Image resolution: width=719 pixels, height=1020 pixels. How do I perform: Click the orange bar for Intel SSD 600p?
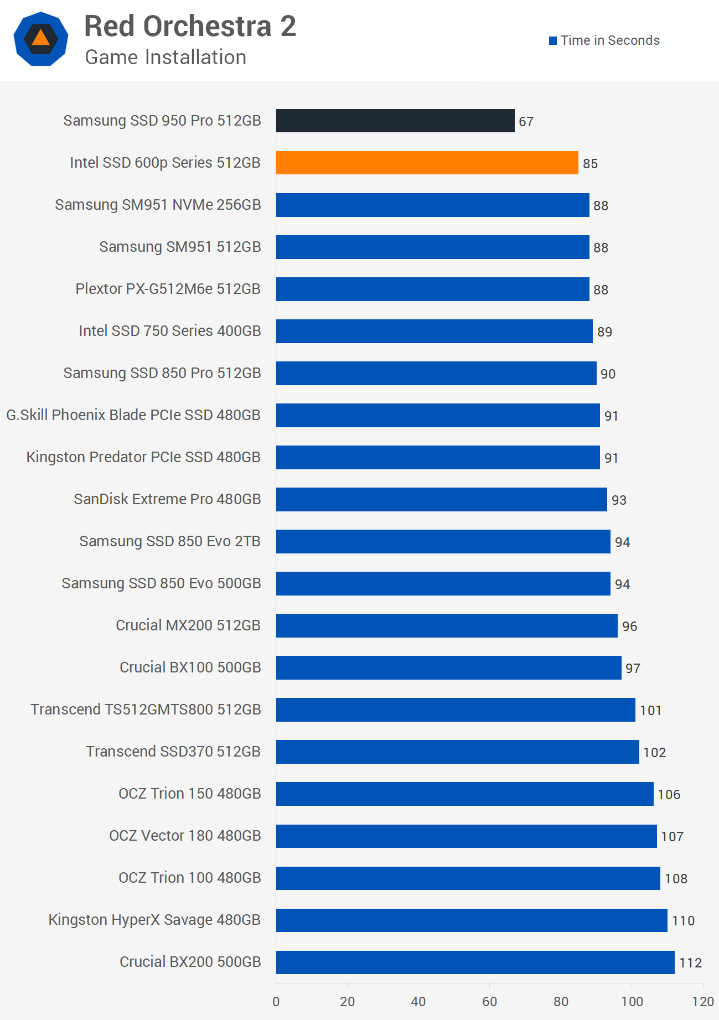click(427, 163)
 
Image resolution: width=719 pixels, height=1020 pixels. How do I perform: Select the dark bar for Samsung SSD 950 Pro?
click(395, 121)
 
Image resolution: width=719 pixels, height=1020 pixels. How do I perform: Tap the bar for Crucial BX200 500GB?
click(475, 962)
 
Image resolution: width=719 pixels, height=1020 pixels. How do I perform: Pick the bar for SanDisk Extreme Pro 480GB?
click(441, 499)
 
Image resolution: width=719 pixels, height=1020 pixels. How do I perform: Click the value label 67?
click(526, 122)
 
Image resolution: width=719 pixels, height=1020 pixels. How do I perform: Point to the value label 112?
click(690, 963)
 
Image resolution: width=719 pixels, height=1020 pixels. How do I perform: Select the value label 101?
click(650, 711)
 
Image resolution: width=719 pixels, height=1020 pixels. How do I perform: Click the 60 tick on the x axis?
click(489, 1001)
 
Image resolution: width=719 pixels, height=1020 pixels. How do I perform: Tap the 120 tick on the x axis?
click(703, 1001)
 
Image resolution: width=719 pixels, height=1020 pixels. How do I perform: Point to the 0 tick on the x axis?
click(276, 1001)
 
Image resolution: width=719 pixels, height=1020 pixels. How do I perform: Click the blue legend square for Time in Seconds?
click(552, 41)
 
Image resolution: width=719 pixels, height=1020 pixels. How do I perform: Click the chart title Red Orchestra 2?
click(190, 27)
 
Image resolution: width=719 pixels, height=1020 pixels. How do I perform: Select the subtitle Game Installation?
click(165, 58)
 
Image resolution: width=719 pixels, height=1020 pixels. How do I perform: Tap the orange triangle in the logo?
click(40, 38)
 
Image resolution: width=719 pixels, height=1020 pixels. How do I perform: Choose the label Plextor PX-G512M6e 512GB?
click(168, 289)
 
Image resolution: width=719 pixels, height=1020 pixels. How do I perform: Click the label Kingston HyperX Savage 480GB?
click(154, 920)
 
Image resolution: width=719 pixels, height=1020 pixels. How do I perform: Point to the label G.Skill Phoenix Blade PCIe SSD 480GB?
click(133, 415)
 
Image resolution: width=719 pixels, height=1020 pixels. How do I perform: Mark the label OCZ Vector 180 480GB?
click(185, 836)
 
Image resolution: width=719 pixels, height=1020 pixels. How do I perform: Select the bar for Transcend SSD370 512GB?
click(457, 752)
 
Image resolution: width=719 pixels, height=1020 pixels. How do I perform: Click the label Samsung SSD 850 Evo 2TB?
click(170, 541)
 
